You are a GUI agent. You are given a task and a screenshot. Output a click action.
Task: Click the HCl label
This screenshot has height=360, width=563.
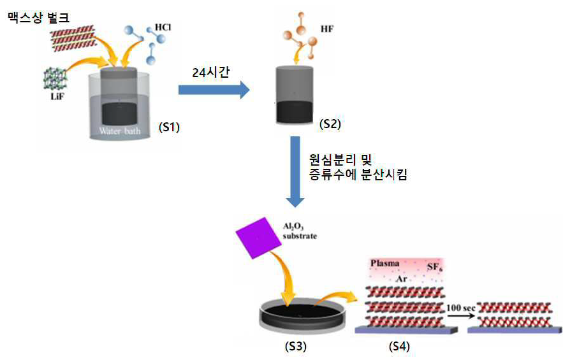coord(163,27)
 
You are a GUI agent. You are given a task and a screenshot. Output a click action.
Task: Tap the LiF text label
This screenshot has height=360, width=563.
coord(57,96)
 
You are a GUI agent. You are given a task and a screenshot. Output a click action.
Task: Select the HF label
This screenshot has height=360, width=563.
coord(326,29)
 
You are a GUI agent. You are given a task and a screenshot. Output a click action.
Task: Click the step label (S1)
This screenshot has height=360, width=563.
coord(169,127)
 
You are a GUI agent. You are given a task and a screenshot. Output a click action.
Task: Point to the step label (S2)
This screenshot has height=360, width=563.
coord(330,124)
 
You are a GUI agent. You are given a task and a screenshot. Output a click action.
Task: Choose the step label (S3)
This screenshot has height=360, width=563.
coord(295,347)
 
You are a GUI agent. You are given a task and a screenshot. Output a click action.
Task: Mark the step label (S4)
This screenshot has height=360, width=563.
coord(399,347)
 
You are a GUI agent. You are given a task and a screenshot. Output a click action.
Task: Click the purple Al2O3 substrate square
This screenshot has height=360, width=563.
coord(258,238)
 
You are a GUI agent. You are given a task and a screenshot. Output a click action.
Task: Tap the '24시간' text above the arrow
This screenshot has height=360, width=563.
coord(211,73)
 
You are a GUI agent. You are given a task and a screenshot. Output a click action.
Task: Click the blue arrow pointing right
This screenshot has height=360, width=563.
coord(214,90)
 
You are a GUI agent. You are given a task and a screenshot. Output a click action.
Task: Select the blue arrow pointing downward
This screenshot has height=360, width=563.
coord(295,172)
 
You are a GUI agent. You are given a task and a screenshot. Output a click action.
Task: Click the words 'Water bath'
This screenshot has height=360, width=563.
coord(120,131)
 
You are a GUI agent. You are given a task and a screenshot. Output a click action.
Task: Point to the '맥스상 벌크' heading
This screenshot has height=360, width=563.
coord(38,18)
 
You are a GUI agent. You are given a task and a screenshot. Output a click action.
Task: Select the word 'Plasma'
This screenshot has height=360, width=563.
coord(385,263)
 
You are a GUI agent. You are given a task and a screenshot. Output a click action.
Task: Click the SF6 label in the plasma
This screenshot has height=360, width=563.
coord(434,268)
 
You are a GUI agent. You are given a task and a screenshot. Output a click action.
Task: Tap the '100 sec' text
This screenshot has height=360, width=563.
coord(461,308)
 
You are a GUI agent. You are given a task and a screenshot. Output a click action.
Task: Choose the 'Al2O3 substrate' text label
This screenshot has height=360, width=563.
coord(300,231)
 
